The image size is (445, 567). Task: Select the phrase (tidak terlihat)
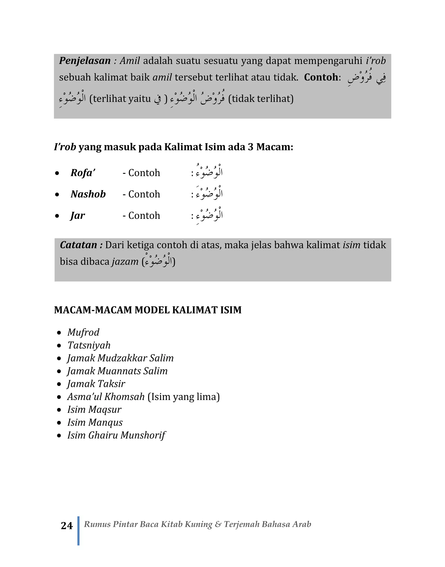[x=261, y=99]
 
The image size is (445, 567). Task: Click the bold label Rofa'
[x=83, y=173]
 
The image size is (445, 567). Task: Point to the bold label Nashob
[x=88, y=194]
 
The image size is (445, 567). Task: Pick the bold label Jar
[x=78, y=216]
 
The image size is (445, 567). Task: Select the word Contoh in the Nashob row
[x=144, y=194]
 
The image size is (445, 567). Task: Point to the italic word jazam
[x=125, y=262]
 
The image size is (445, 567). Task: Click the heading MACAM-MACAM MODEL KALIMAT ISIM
[x=148, y=310]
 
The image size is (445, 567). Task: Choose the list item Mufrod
[x=83, y=333]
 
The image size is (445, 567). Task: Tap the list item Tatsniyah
[x=89, y=345]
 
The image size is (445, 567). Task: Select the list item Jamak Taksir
[x=96, y=384]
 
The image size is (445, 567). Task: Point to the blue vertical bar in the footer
[x=78, y=530]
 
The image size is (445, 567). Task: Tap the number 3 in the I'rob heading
[x=250, y=147]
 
